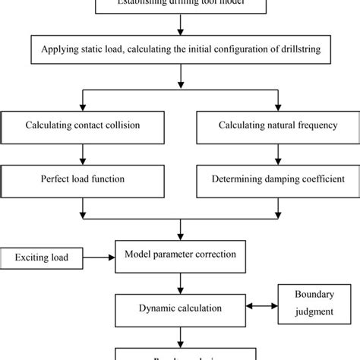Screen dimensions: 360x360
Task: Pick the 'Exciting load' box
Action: tap(39, 258)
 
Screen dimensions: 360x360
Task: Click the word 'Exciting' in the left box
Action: tap(30, 258)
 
